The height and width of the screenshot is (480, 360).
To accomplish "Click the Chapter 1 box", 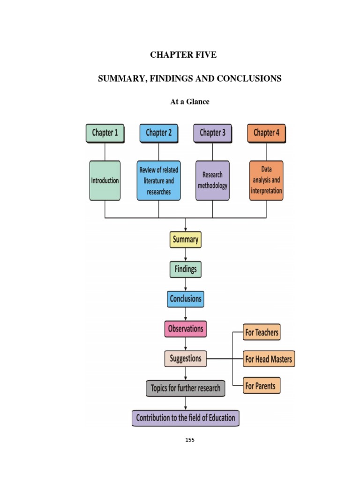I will pos(105,133).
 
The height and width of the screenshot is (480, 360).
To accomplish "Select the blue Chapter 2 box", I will pos(158,133).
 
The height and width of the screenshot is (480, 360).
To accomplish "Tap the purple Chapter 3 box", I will pos(212,133).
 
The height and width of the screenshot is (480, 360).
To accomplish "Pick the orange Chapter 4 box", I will pos(266,133).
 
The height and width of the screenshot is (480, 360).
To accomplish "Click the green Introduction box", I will pos(105,180).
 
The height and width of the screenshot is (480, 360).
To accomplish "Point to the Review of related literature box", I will pos(158,180).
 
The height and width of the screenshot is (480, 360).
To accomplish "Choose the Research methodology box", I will pos(212,180).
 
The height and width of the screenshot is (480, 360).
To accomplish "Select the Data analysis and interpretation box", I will pos(266,180).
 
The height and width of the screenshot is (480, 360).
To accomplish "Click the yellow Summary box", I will pos(186,240).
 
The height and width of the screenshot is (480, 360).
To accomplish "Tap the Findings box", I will pos(186,270).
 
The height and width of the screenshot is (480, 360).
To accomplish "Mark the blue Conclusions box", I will pos(186,299).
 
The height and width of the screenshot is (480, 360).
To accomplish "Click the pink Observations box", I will pos(186,329).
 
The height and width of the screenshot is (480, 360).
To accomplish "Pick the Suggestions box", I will pos(186,359).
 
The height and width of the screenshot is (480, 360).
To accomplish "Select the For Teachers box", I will pos(262,333).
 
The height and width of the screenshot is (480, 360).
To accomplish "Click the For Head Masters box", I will pos(269,360).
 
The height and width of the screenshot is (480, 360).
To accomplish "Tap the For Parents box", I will pos(262,386).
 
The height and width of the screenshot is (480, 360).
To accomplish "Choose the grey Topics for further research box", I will pos(186,388).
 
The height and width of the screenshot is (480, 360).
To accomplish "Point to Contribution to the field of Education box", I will pos(186,418).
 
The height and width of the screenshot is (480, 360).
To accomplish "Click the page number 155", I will pos(190,440).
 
